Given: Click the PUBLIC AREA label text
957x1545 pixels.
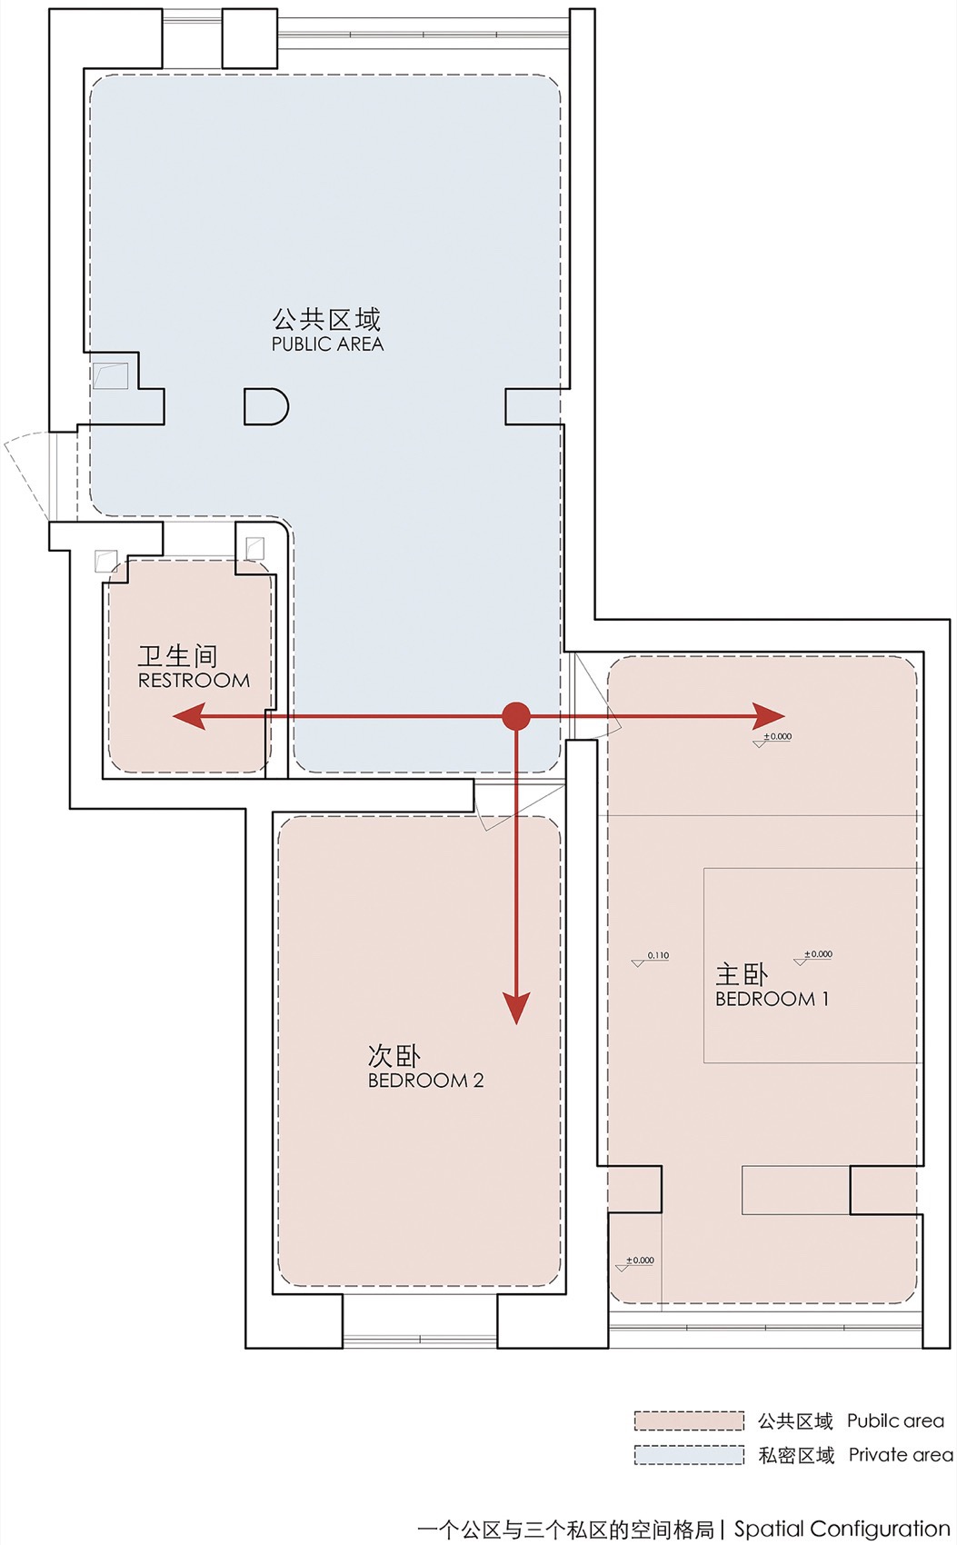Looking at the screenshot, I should pos(327,344).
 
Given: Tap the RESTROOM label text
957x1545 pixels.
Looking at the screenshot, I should pos(194,681).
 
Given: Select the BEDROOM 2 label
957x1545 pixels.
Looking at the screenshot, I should pos(425,1081).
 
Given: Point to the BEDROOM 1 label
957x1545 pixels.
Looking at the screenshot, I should pos(772,999).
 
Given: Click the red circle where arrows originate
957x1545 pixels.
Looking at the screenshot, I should pos(516,716).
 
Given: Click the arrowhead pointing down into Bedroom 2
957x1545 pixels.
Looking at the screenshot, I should pos(516,1008).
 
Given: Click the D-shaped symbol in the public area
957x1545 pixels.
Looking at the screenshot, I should pos(265,406).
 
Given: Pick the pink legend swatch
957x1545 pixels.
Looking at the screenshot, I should pos(689,1420).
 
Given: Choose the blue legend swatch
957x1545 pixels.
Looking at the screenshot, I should pos(689,1454).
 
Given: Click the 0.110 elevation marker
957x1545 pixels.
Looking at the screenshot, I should pos(652,958).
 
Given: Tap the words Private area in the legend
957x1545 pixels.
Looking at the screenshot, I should pos(900,1455).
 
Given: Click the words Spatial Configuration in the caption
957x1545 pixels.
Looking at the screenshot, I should pos(842,1529).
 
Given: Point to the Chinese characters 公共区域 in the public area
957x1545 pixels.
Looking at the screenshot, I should pos(326,319).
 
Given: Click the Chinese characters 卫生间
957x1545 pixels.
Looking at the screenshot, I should pos(178,655).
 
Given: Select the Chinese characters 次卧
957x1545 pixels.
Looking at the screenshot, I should pos(394,1055).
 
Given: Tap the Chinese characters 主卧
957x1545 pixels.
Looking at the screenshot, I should pos(742,974).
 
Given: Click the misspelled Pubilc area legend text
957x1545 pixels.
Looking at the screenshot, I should pos(895,1420).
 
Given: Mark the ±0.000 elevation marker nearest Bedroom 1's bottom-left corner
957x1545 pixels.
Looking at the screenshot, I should pos(635,1262).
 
